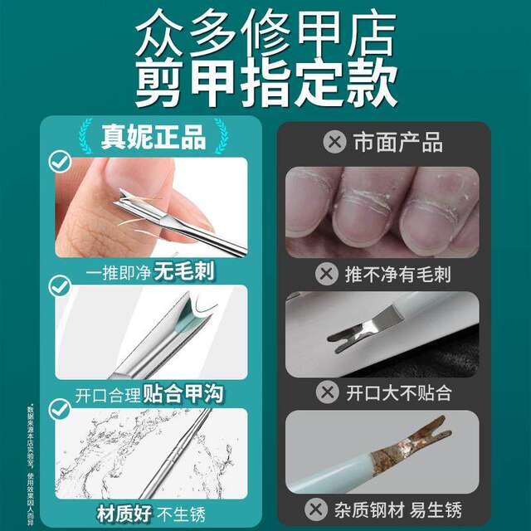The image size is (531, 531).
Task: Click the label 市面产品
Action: pos(397,143)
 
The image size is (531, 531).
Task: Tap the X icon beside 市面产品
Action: pos(334,143)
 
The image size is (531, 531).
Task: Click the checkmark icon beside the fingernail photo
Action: pos(59,162)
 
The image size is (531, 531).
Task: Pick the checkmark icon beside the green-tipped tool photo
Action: pos(59,287)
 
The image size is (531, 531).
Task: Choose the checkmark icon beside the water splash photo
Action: pos(59,408)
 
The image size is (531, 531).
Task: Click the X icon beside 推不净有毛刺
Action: pos(328,274)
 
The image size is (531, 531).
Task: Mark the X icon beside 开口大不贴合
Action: pos(328,392)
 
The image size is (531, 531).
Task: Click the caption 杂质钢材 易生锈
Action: pos(405,509)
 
